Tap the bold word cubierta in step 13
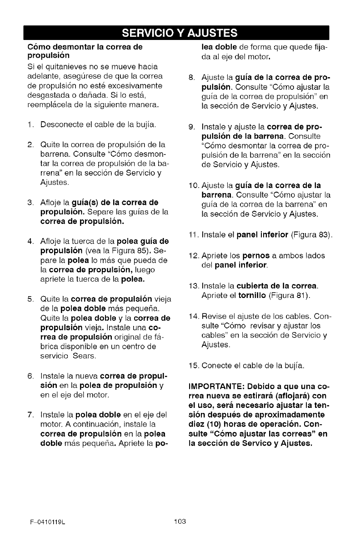tap(256, 287)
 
